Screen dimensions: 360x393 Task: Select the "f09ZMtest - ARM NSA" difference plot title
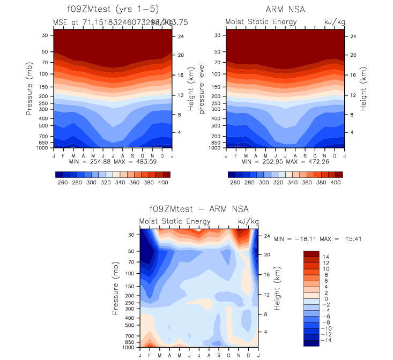click(199, 209)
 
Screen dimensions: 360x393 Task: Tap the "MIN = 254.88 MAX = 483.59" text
click(113, 161)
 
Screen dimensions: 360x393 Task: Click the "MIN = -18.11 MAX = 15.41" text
click(317, 238)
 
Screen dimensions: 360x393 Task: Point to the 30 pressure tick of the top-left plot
click(45, 35)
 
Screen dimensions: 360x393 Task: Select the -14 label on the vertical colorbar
click(328, 340)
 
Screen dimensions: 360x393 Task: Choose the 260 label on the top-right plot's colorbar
click(234, 183)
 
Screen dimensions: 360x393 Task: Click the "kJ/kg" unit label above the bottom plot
click(246, 221)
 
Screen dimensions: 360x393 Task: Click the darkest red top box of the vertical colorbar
click(311, 253)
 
